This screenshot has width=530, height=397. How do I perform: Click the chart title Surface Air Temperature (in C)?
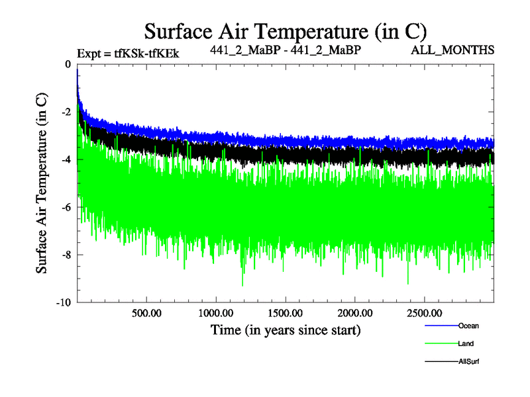285,30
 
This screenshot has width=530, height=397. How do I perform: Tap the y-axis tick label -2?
66,112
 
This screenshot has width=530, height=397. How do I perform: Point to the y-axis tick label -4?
66,159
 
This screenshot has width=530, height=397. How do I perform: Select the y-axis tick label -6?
66,207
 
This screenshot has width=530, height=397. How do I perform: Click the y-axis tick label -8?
66,255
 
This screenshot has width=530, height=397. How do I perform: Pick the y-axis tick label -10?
64,302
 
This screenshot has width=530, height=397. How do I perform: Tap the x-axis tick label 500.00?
146,312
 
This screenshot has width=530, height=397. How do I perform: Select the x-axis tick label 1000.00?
216,312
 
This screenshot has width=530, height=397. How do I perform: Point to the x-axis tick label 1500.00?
286,312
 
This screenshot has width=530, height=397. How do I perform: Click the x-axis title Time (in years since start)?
286,329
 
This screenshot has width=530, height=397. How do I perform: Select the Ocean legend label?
468,326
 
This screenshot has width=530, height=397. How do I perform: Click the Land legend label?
466,343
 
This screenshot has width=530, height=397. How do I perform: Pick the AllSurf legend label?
468,361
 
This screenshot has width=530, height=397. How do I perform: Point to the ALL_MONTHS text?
452,50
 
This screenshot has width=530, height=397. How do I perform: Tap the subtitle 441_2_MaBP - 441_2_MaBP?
286,50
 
